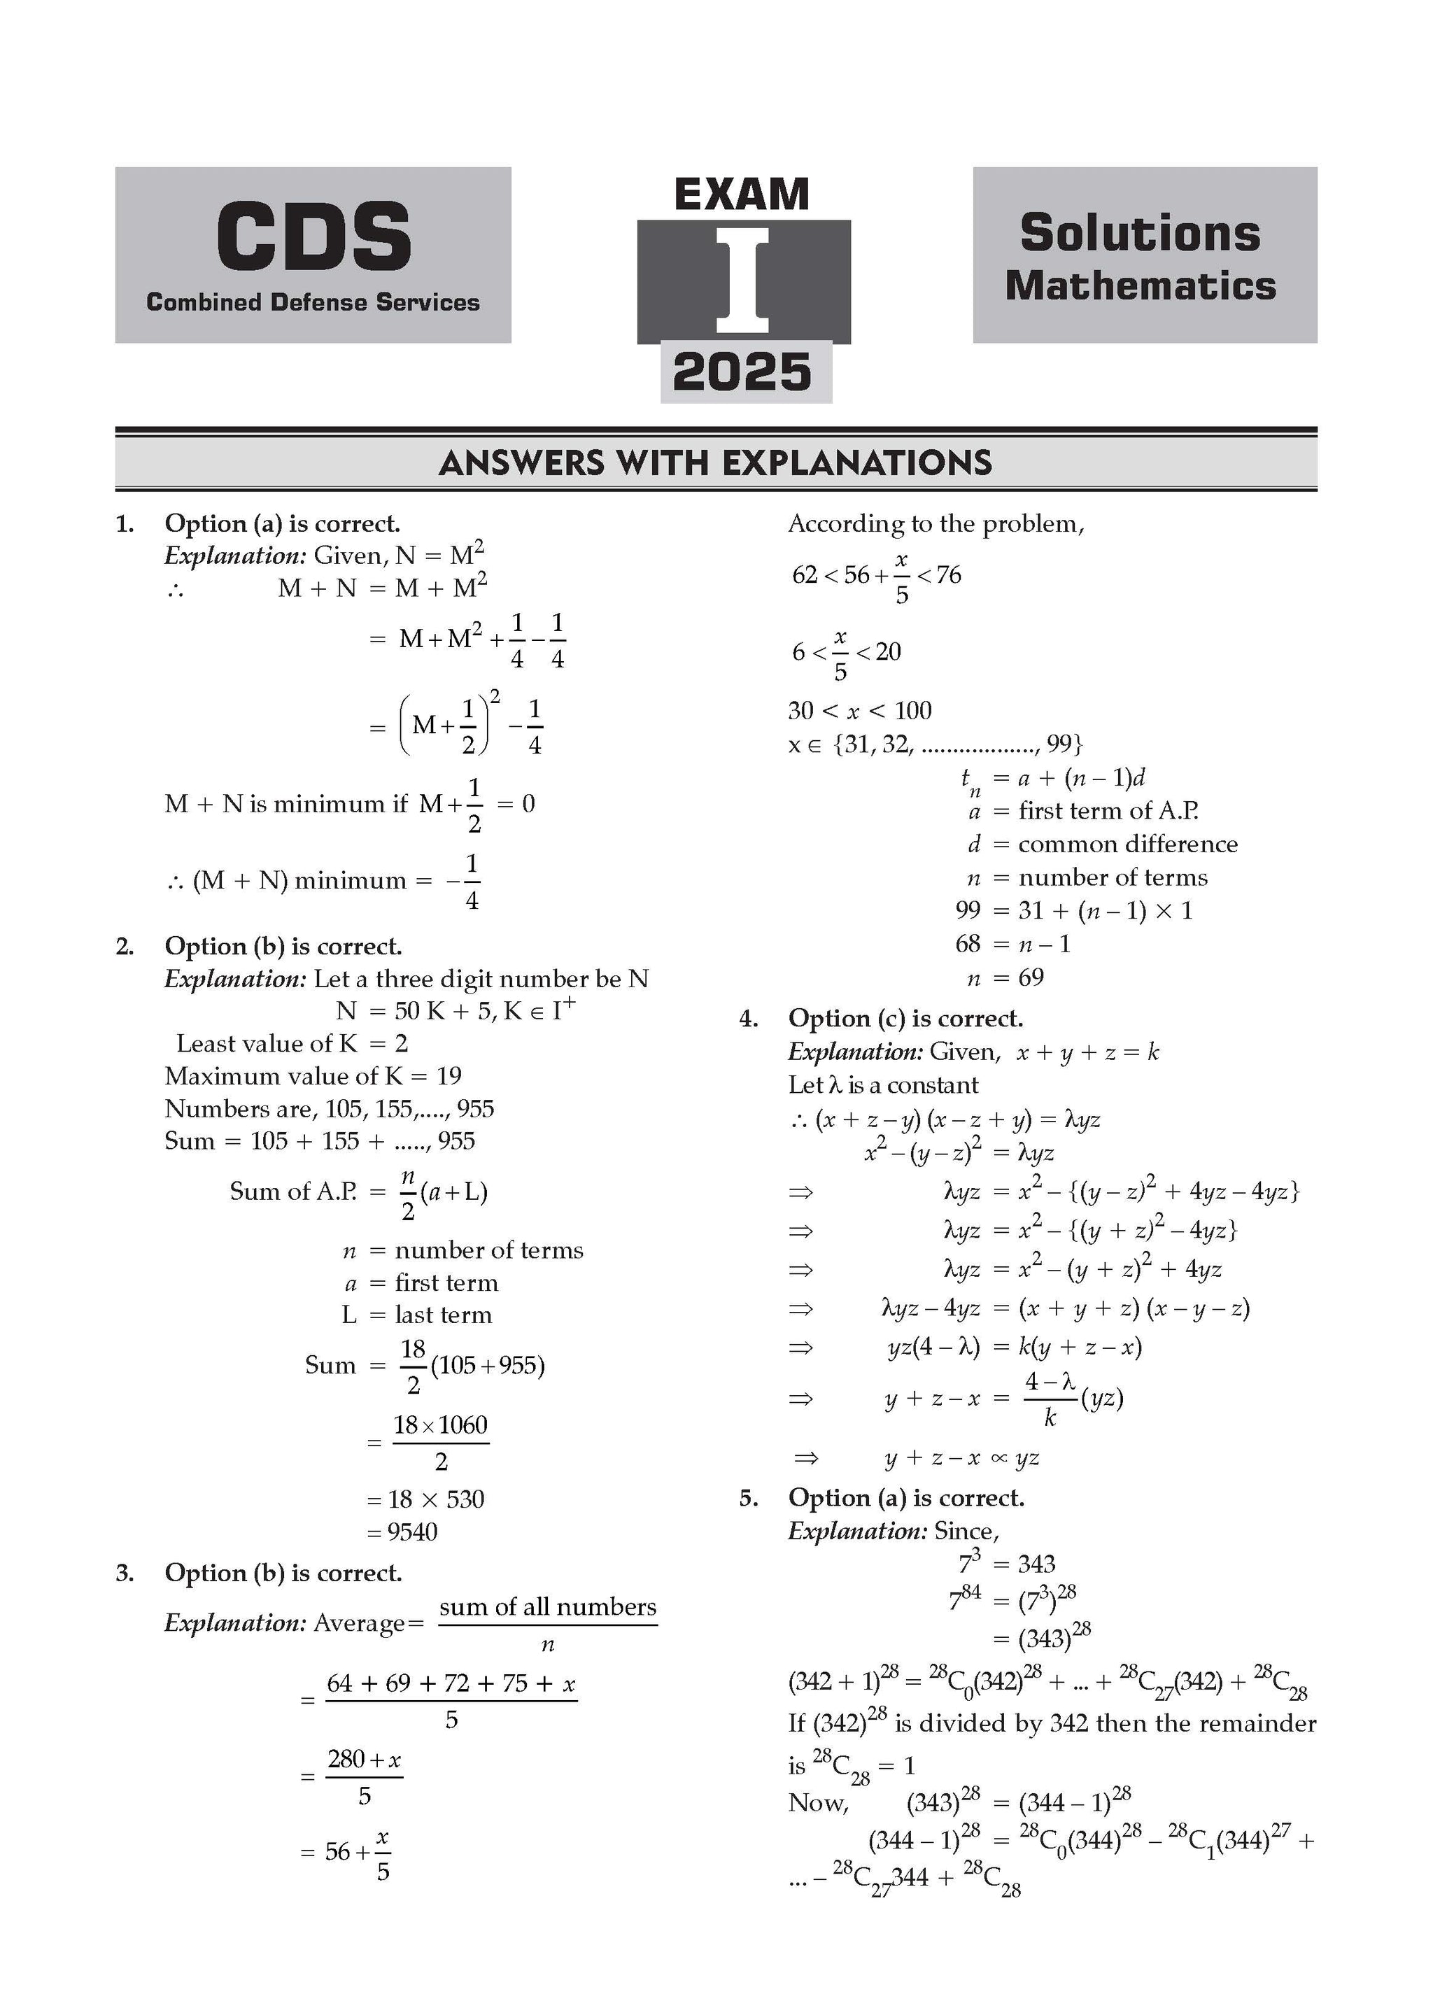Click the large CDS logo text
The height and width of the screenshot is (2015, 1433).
pyautogui.click(x=313, y=236)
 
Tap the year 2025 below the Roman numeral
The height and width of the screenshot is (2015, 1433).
pyautogui.click(x=742, y=372)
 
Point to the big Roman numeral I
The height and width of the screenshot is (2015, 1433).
pyautogui.click(x=743, y=280)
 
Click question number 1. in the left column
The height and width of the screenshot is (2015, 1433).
pyautogui.click(x=125, y=524)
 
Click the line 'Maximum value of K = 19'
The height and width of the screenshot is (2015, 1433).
pyautogui.click(x=313, y=1076)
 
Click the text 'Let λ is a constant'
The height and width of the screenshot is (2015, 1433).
pyautogui.click(x=883, y=1085)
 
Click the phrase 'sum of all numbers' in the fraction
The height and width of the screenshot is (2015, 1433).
pyautogui.click(x=547, y=1607)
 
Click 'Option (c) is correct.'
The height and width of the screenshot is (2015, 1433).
pyautogui.click(x=905, y=1019)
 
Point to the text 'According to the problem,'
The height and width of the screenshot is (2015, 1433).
pyautogui.click(x=936, y=524)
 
